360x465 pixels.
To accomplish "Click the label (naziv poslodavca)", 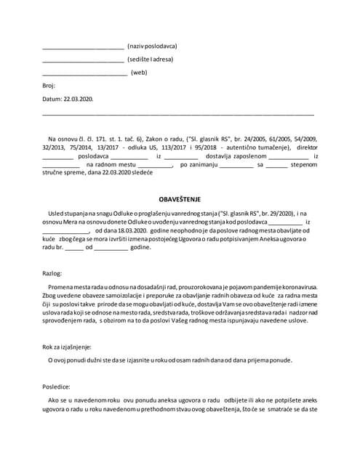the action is pyautogui.click(x=152, y=46).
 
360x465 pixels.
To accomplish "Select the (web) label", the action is pyautogui.click(x=139, y=73).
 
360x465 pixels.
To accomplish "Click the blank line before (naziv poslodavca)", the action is pyautogui.click(x=83, y=46).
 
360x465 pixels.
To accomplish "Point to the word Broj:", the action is pyautogui.click(x=49, y=86).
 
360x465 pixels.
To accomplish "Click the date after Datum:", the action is pyautogui.click(x=78, y=99).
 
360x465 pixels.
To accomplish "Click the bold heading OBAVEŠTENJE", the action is pyautogui.click(x=180, y=198).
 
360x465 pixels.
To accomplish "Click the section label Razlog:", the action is pyautogui.click(x=53, y=273).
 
